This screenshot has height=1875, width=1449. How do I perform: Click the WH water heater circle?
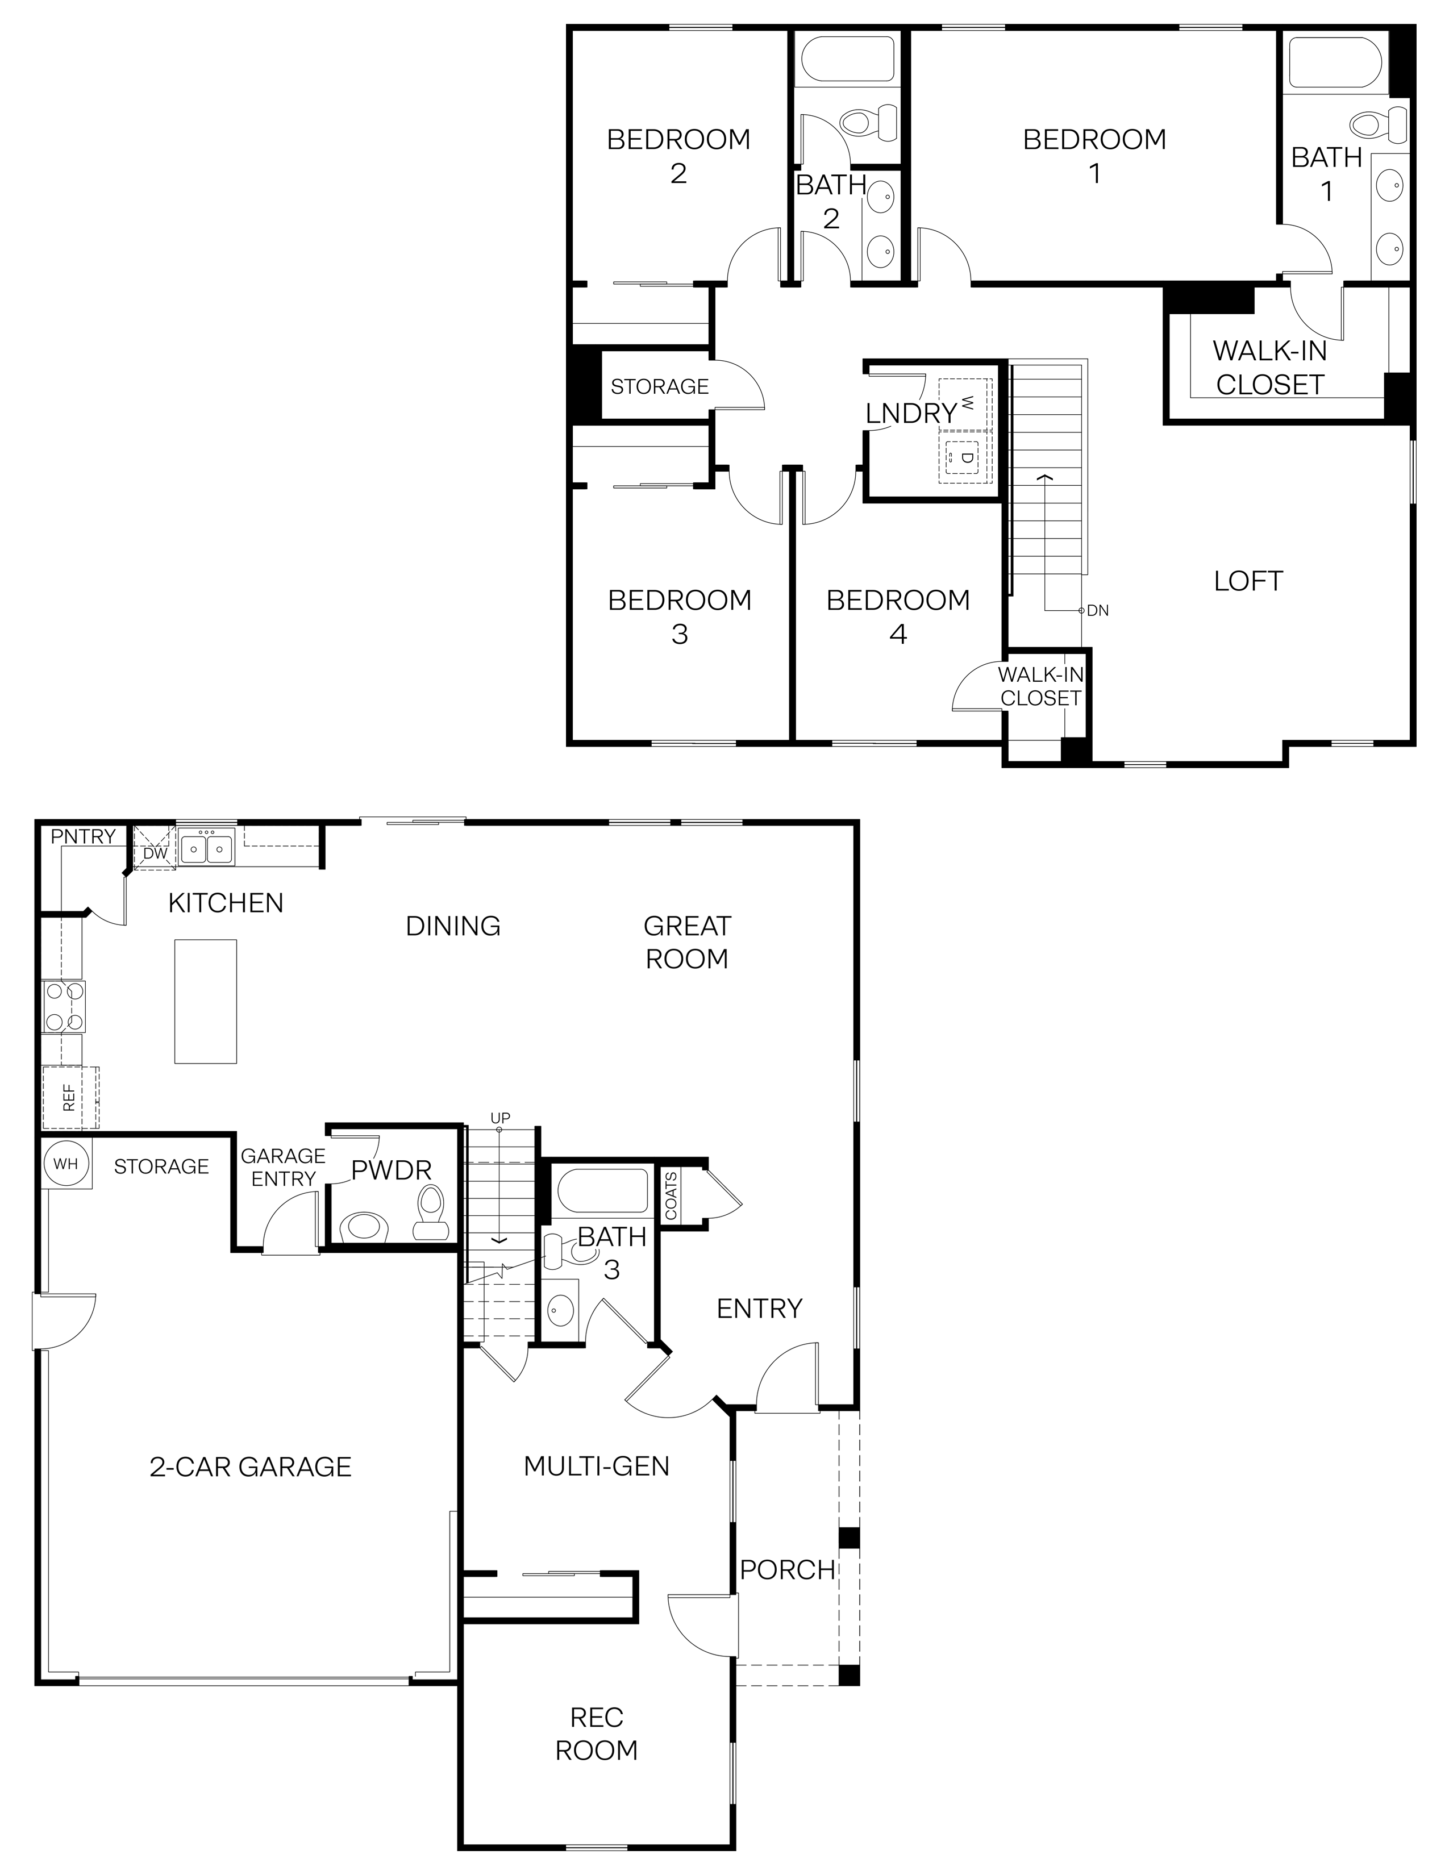[x=65, y=1164]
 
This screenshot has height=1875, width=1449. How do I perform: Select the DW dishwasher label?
[x=155, y=853]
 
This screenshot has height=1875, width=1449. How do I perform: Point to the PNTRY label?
[x=84, y=836]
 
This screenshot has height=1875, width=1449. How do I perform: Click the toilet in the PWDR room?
[x=430, y=1213]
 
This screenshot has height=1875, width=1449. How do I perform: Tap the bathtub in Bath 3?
[x=602, y=1190]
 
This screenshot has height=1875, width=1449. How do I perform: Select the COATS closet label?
[x=671, y=1195]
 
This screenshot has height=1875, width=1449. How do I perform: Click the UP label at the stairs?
[x=499, y=1118]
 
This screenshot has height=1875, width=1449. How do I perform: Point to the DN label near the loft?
[x=1097, y=610]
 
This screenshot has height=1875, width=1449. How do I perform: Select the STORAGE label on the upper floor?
[x=659, y=386]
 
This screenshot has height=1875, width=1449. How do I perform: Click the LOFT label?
[x=1247, y=581]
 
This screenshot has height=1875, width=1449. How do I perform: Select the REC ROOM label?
[x=597, y=1734]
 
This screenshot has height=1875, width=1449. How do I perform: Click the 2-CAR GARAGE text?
[x=251, y=1466]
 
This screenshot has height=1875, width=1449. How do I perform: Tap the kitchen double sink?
[x=206, y=849]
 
